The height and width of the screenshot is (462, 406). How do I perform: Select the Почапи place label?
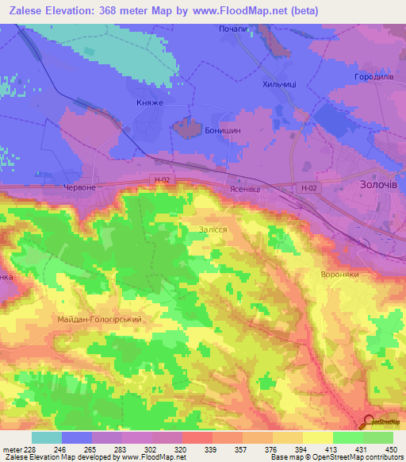tap(234, 29)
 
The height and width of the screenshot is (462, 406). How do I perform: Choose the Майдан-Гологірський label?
tap(100, 319)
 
